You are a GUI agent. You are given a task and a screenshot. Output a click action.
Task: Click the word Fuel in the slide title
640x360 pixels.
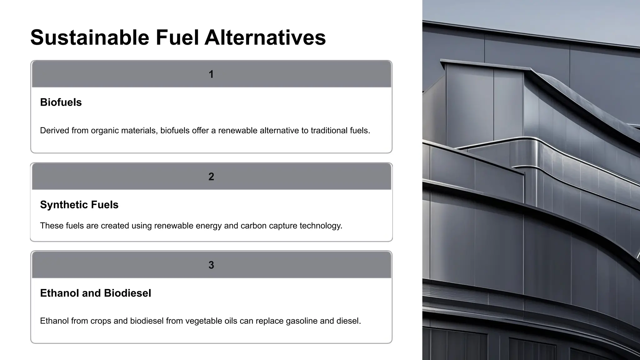pos(177,37)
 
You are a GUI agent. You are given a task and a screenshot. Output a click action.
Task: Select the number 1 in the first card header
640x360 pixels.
pos(211,74)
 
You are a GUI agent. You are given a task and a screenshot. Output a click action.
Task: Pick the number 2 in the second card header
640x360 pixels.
pos(211,177)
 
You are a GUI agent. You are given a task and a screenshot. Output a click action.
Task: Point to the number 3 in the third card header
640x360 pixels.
pos(211,265)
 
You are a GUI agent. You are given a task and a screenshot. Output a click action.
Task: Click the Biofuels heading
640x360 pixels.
pos(61,102)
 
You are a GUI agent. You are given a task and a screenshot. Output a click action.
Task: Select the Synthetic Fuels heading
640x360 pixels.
pos(79,205)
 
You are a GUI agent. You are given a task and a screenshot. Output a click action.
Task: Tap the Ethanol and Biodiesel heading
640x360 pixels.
pos(96,293)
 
